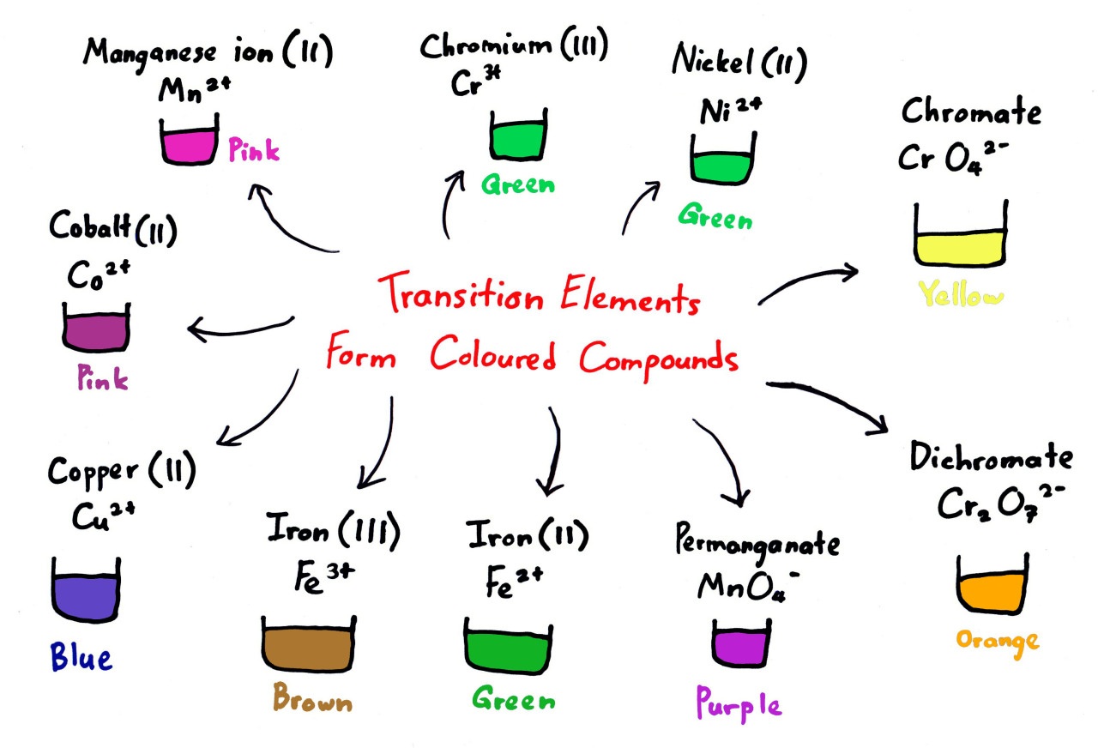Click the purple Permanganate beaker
(x=738, y=643)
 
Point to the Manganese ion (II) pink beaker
(x=188, y=143)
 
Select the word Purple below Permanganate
(x=738, y=705)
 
